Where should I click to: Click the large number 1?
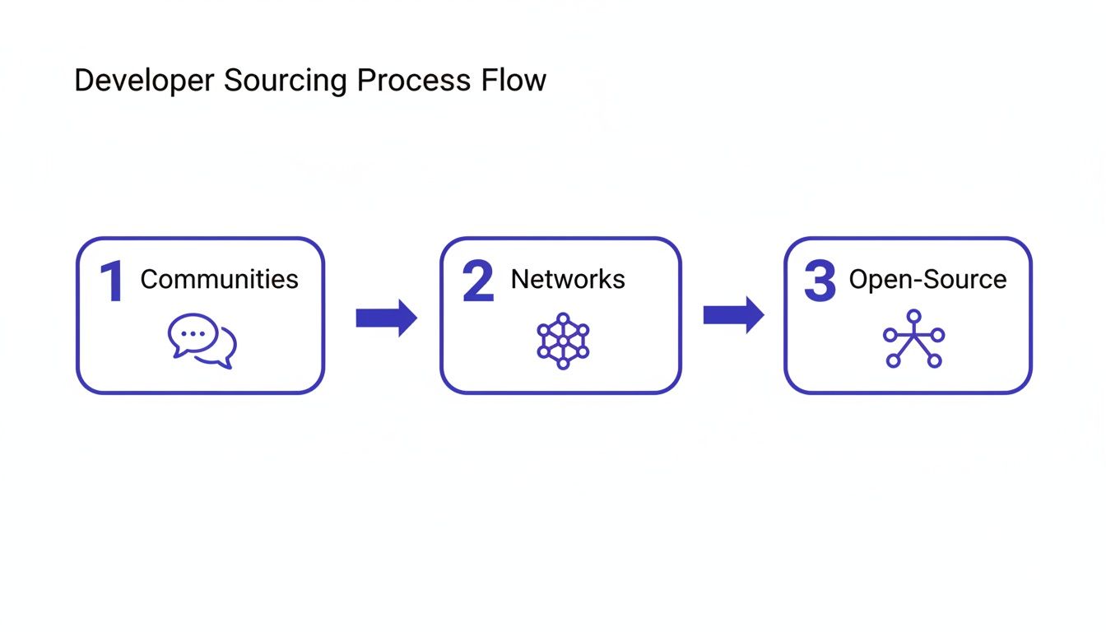[112, 282]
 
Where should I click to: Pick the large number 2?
[478, 282]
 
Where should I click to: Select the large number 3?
[820, 282]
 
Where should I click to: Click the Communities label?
[219, 279]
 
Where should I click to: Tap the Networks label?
[568, 279]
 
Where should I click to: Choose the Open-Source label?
[927, 279]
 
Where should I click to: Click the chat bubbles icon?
[202, 341]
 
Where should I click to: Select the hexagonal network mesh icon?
[563, 341]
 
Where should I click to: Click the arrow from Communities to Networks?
[386, 318]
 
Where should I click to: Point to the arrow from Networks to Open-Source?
[733, 314]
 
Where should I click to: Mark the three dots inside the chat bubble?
[193, 334]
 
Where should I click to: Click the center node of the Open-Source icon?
[913, 337]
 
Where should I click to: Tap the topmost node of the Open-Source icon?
[913, 314]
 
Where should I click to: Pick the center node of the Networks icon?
[563, 341]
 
